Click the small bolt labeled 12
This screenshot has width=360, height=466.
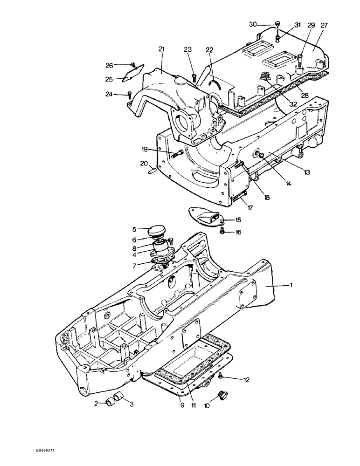tap(221, 376)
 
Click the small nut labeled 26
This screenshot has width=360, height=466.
tap(132, 65)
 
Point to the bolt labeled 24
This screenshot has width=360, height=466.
tap(129, 95)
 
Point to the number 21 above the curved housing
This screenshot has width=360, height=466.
tap(161, 49)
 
